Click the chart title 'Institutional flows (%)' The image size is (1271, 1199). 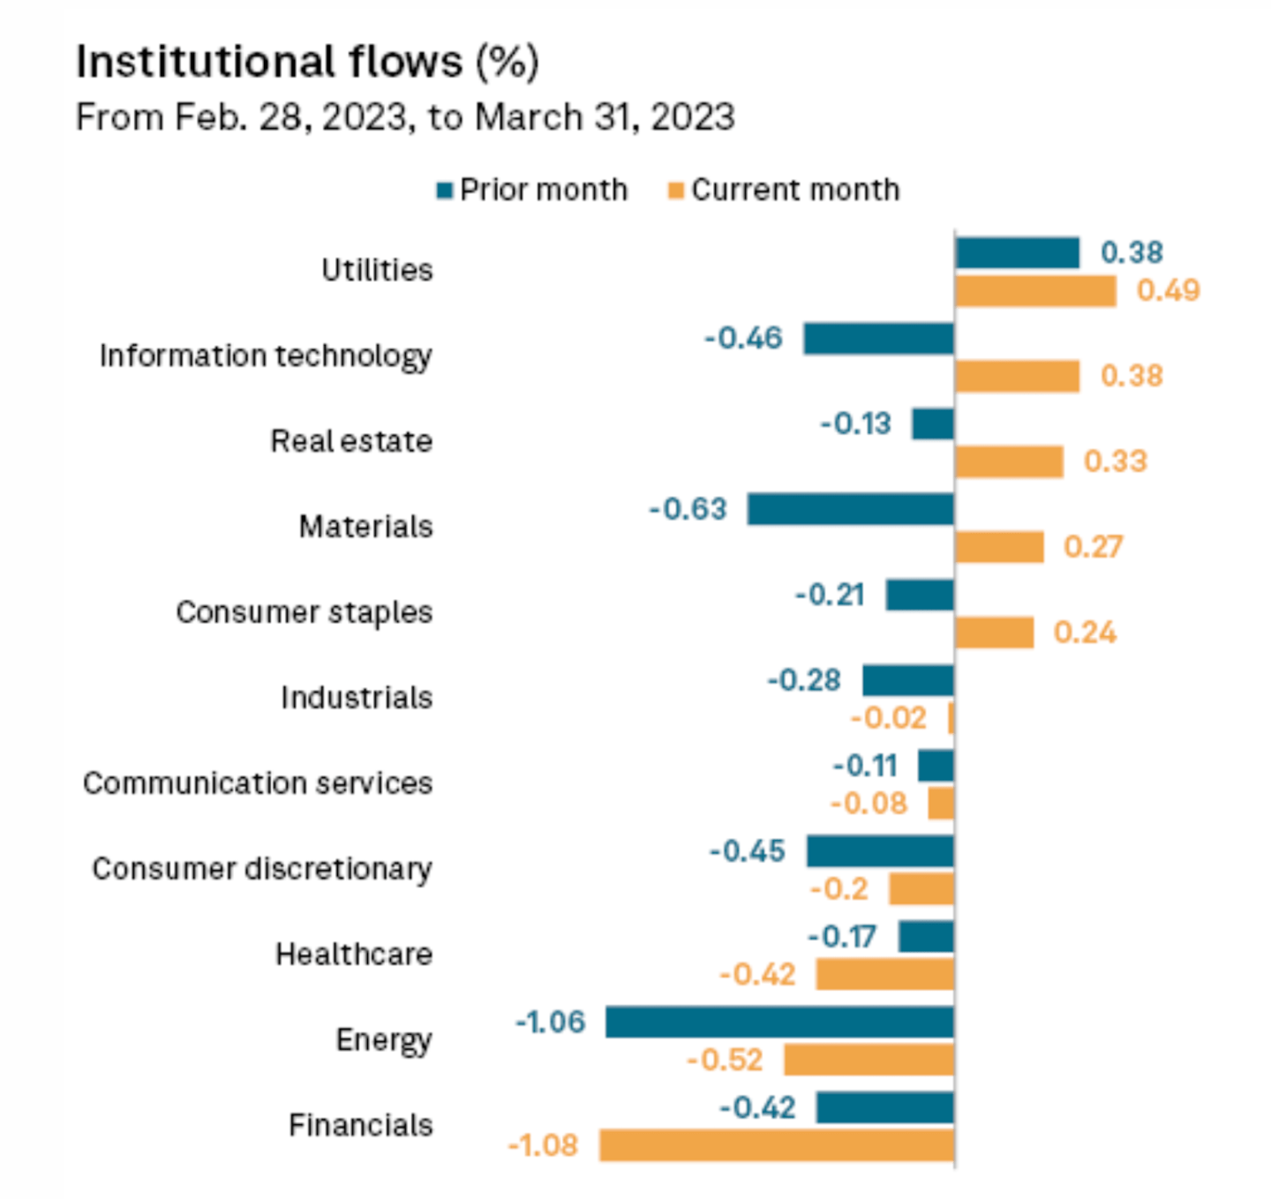coord(307,62)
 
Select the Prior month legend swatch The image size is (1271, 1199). coord(445,191)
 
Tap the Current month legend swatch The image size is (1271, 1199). coord(676,191)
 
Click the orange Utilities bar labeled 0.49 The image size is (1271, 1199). coord(1035,291)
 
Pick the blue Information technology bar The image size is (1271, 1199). coord(878,339)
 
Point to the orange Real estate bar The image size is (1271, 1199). coord(1009,461)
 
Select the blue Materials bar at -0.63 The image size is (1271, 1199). coord(850,509)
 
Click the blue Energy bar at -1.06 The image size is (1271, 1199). coord(779,1023)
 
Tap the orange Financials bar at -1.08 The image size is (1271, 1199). coord(777,1145)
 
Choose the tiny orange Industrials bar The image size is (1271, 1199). coord(951,718)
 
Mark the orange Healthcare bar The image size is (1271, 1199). coord(884,975)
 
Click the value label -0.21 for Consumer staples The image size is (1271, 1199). coord(830,595)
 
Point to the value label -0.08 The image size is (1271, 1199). coord(869,804)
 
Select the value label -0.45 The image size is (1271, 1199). coord(748,851)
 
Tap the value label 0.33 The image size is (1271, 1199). coord(1116,461)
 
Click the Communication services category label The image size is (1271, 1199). coord(258,783)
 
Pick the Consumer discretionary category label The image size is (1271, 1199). coord(262,869)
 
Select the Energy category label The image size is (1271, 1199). coord(384,1040)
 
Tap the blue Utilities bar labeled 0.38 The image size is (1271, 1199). coord(1017,253)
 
